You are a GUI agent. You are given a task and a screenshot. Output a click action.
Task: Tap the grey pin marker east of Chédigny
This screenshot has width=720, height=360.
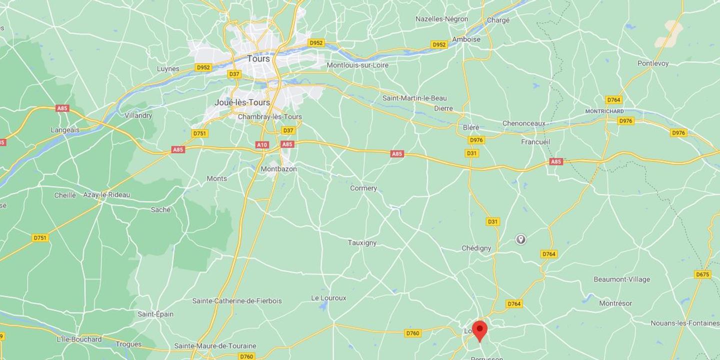(520, 239)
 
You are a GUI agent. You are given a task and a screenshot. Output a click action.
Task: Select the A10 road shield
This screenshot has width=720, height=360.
(262, 144)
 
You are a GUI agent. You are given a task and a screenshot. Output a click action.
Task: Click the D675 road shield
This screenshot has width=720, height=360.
(702, 274)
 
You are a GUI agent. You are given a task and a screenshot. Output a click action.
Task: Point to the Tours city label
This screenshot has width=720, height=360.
(258, 58)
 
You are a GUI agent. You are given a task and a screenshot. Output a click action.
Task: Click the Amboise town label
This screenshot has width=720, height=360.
(466, 39)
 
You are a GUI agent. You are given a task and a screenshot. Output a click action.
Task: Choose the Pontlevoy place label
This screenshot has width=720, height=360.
(653, 63)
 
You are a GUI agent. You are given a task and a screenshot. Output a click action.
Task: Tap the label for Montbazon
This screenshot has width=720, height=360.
(278, 169)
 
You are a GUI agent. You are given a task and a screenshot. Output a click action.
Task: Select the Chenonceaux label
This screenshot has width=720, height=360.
(524, 123)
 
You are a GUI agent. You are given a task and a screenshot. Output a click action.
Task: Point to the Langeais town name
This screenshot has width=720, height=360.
(65, 130)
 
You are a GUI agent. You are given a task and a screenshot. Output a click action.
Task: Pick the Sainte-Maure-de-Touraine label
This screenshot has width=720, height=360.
(215, 346)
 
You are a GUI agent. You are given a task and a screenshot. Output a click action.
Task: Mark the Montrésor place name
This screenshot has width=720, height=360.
(615, 303)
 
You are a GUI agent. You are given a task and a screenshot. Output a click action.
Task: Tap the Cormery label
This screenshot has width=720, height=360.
(363, 188)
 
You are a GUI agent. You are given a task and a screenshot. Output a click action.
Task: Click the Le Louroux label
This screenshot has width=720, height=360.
(328, 298)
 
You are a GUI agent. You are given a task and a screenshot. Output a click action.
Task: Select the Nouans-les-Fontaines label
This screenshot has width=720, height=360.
(684, 323)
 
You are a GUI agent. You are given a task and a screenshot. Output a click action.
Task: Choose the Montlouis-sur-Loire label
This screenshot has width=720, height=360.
(357, 65)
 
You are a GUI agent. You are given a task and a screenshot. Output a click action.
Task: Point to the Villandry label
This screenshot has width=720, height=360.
(138, 115)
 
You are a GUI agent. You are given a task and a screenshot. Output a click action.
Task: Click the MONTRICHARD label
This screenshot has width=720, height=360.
(604, 111)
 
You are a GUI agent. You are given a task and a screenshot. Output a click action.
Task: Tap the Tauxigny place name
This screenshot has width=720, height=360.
(362, 243)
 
